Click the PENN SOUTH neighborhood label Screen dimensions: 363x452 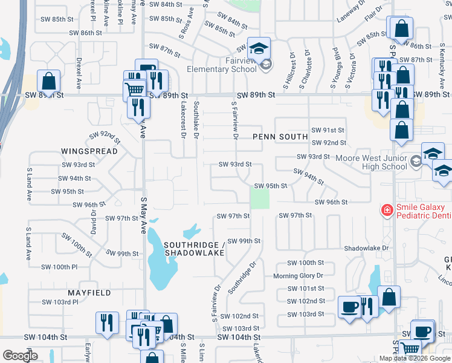coord(280,137)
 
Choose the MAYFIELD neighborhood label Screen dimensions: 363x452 coord(88,293)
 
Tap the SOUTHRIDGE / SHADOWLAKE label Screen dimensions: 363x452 coord(194,249)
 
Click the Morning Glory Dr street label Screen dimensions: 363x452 coord(299,276)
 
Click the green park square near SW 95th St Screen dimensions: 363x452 coord(260,198)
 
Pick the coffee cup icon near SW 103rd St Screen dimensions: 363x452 coord(349,307)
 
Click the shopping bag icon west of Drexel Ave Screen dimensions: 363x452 coord(49,80)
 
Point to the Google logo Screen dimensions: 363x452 coord(20,356)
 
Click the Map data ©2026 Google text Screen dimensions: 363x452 coord(415,358)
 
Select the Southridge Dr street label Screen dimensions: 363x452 coord(243,278)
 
